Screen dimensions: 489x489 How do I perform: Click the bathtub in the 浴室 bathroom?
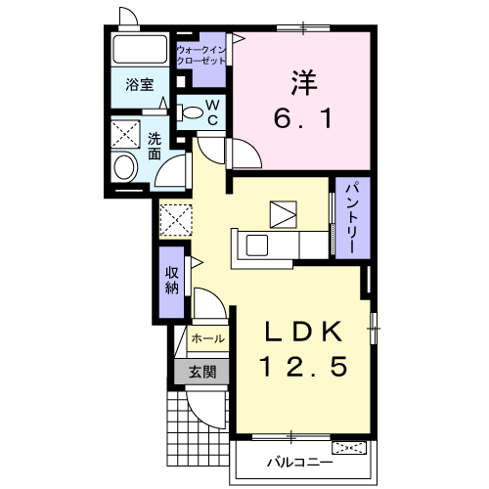(140, 49)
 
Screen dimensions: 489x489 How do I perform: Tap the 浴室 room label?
(140, 85)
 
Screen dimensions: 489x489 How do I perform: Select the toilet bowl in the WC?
(190, 112)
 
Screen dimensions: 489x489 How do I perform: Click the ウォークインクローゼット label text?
(201, 56)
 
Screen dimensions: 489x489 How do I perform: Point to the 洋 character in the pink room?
(304, 82)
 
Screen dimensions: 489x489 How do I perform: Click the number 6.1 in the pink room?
(303, 118)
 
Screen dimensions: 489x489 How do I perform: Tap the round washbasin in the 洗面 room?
(124, 167)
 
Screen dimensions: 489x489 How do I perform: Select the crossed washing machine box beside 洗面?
(125, 134)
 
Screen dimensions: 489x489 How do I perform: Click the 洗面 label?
(155, 146)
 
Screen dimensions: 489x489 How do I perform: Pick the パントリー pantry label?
(353, 218)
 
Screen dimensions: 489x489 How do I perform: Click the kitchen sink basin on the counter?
(257, 245)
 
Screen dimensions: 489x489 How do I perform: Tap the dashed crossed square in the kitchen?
(176, 220)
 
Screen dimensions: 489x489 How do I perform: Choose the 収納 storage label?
(172, 280)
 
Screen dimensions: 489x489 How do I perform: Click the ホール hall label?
(208, 338)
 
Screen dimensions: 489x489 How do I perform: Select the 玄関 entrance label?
(202, 372)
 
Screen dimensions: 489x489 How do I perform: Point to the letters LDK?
(303, 332)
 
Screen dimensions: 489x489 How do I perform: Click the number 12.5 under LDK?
(303, 367)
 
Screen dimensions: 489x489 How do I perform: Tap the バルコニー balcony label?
(300, 463)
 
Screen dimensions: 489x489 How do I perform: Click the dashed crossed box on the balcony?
(349, 448)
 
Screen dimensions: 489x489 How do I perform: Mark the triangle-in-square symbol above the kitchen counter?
(284, 214)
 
